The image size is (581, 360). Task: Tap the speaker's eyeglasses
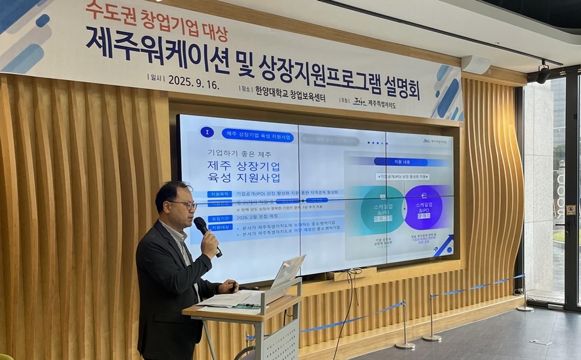185,205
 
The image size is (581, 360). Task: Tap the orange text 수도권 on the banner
103,8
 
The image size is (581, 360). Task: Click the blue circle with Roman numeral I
207,132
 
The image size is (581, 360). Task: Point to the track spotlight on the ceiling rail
542,73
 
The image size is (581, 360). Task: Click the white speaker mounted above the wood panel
476,64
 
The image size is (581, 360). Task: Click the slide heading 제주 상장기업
243,165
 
